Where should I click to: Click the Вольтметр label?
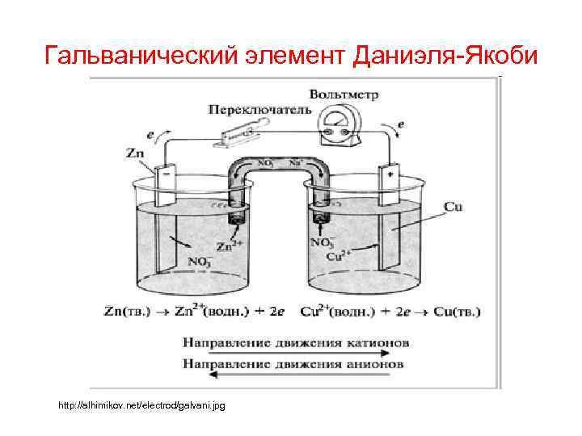pos(349,94)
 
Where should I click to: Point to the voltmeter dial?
pos(337,127)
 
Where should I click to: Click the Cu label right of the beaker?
pos(453,208)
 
